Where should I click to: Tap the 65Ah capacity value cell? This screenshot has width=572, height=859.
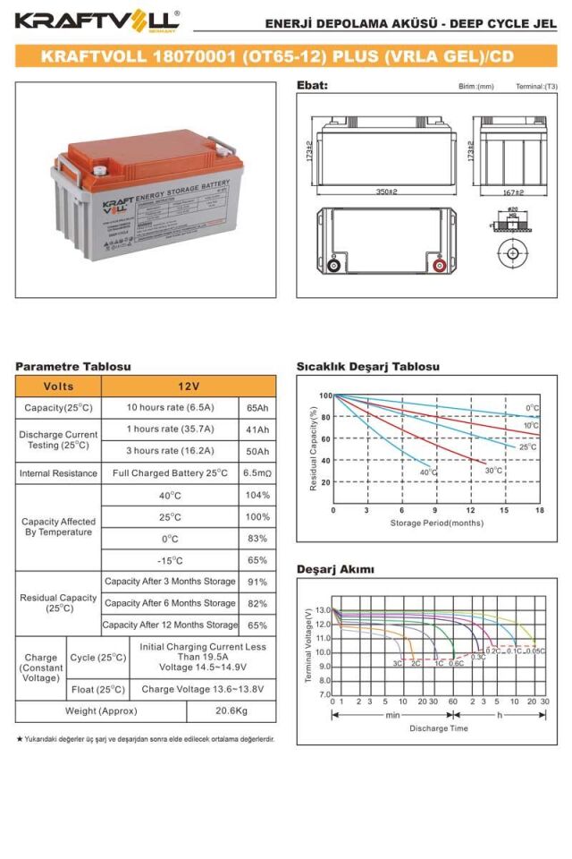tap(257, 407)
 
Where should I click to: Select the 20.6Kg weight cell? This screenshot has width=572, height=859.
tap(231, 710)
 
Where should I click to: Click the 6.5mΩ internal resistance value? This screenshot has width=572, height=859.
tap(257, 472)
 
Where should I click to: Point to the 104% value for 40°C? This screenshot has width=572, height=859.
tap(257, 495)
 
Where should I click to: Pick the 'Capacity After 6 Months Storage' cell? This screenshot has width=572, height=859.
tap(170, 603)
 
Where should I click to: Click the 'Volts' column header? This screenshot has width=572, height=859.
tap(58, 386)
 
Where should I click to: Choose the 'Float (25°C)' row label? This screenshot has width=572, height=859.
tap(98, 689)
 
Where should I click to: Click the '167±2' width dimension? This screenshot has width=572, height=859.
tap(513, 191)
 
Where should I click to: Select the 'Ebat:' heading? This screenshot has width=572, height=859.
tap(312, 86)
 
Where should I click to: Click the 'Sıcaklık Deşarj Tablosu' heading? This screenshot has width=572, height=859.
tap(367, 367)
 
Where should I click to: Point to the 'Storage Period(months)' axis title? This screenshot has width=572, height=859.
tap(436, 523)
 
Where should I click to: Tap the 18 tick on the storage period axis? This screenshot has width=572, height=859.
tap(540, 510)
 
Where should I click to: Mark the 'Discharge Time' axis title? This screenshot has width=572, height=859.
tap(438, 728)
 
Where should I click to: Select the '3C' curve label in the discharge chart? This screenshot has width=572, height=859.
tap(397, 664)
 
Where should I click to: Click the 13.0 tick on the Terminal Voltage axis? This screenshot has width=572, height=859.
tap(323, 609)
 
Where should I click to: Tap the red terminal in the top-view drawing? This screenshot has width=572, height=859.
tap(440, 265)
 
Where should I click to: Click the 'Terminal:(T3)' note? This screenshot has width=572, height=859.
tap(536, 87)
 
